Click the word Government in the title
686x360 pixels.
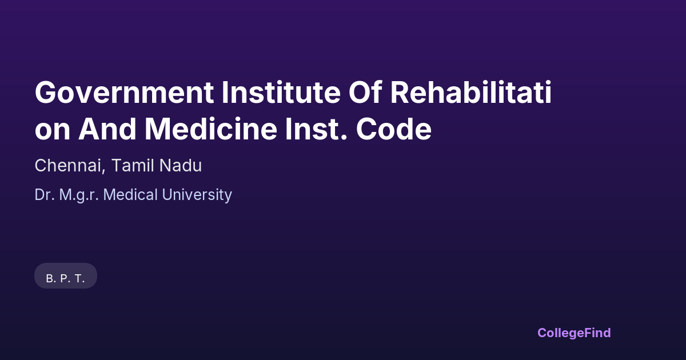pos(125,93)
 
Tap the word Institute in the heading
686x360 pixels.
pos(281,92)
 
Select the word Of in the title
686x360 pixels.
pos(365,92)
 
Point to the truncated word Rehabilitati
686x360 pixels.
pos(471,92)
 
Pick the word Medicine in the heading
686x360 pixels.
pos(211,129)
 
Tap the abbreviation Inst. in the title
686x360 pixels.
pos(316,129)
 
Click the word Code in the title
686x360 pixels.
pos(394,129)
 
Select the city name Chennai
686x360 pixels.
pos(68,165)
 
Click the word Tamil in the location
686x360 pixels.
pos(132,165)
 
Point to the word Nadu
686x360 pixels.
pos(181,165)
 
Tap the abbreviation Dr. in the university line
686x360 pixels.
pos(45,195)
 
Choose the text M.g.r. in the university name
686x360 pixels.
pos(79,195)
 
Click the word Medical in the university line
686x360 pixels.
pos(130,195)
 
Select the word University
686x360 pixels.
pos(197,195)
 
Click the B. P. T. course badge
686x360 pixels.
pos(66,275)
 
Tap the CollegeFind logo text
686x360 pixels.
pos(574,333)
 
